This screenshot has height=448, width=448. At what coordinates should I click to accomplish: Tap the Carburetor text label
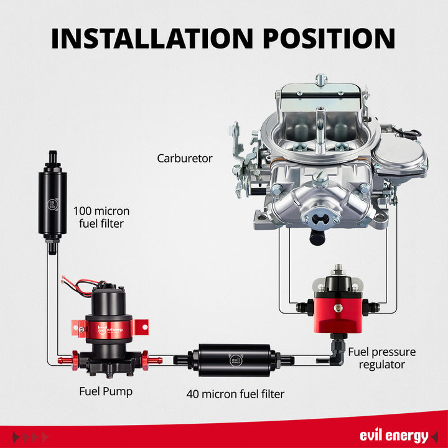click(x=184, y=159)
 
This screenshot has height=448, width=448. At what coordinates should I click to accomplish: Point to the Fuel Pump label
click(x=106, y=391)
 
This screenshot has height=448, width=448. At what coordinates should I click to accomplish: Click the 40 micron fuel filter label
click(x=236, y=394)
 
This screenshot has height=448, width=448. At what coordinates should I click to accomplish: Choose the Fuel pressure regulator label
click(x=381, y=358)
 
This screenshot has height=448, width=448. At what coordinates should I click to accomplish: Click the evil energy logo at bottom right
click(x=394, y=435)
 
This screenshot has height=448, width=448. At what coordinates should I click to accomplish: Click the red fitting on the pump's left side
click(x=65, y=359)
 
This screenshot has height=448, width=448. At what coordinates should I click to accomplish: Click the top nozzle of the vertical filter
click(x=52, y=153)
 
